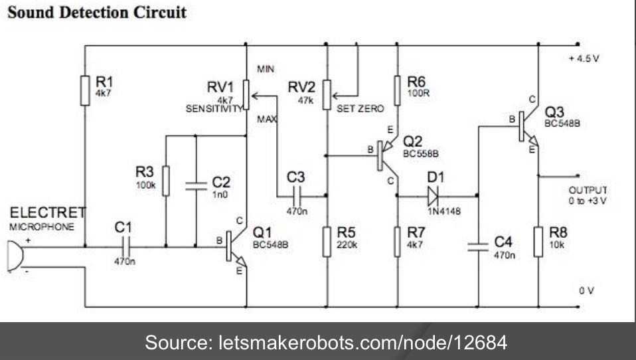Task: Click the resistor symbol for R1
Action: [85, 90]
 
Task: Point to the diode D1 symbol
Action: [434, 196]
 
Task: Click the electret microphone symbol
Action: [12, 256]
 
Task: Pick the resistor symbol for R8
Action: [538, 240]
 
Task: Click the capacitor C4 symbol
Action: [477, 247]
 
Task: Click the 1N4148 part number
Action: [436, 211]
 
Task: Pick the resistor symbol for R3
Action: [166, 179]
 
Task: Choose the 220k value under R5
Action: [346, 244]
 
